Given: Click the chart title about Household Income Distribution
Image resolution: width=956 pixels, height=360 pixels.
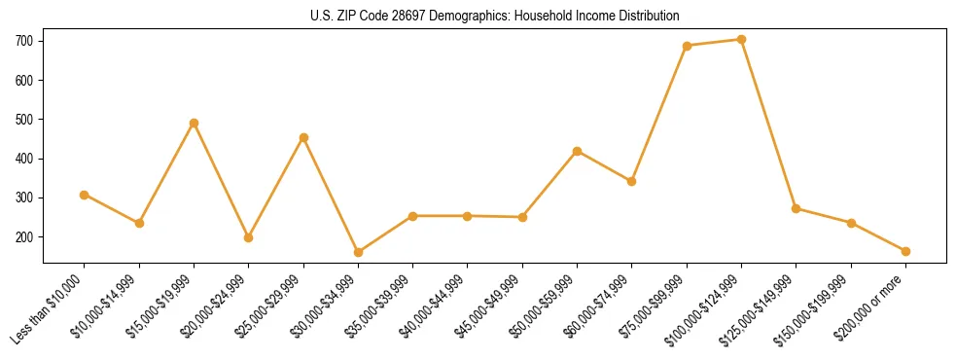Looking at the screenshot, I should pyautogui.click(x=478, y=17).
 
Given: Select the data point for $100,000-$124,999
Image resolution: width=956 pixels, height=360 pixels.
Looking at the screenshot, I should pyautogui.click(x=741, y=40).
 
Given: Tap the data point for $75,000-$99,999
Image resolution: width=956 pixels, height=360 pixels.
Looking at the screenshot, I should pyautogui.click(x=687, y=46).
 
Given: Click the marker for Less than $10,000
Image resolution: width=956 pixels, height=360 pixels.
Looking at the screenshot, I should pyautogui.click(x=85, y=195).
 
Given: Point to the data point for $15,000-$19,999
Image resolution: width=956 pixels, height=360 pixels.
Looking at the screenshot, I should pyautogui.click(x=194, y=123).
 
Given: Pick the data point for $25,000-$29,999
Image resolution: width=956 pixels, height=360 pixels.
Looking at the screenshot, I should pyautogui.click(x=303, y=137).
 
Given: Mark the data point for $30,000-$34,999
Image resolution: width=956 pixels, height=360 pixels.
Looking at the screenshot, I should pyautogui.click(x=358, y=252).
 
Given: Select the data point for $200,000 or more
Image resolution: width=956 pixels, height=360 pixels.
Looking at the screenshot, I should pyautogui.click(x=905, y=251).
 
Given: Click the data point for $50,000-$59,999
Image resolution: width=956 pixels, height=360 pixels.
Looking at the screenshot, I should pyautogui.click(x=577, y=151).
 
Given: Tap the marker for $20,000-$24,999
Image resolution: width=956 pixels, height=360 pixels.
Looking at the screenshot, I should pyautogui.click(x=249, y=237).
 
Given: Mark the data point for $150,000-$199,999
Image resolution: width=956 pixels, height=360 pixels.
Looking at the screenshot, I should pyautogui.click(x=851, y=223).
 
